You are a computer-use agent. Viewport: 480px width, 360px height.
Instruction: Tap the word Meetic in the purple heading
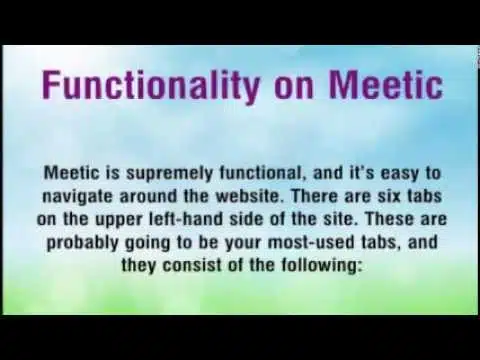386,83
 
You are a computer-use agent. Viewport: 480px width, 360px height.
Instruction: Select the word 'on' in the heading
294,88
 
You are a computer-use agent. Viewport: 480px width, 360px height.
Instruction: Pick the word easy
399,175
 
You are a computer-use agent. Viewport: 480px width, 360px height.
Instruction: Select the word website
250,196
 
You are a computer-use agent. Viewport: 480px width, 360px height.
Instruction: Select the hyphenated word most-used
311,243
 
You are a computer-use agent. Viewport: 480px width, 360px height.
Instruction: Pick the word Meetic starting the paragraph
72,173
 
